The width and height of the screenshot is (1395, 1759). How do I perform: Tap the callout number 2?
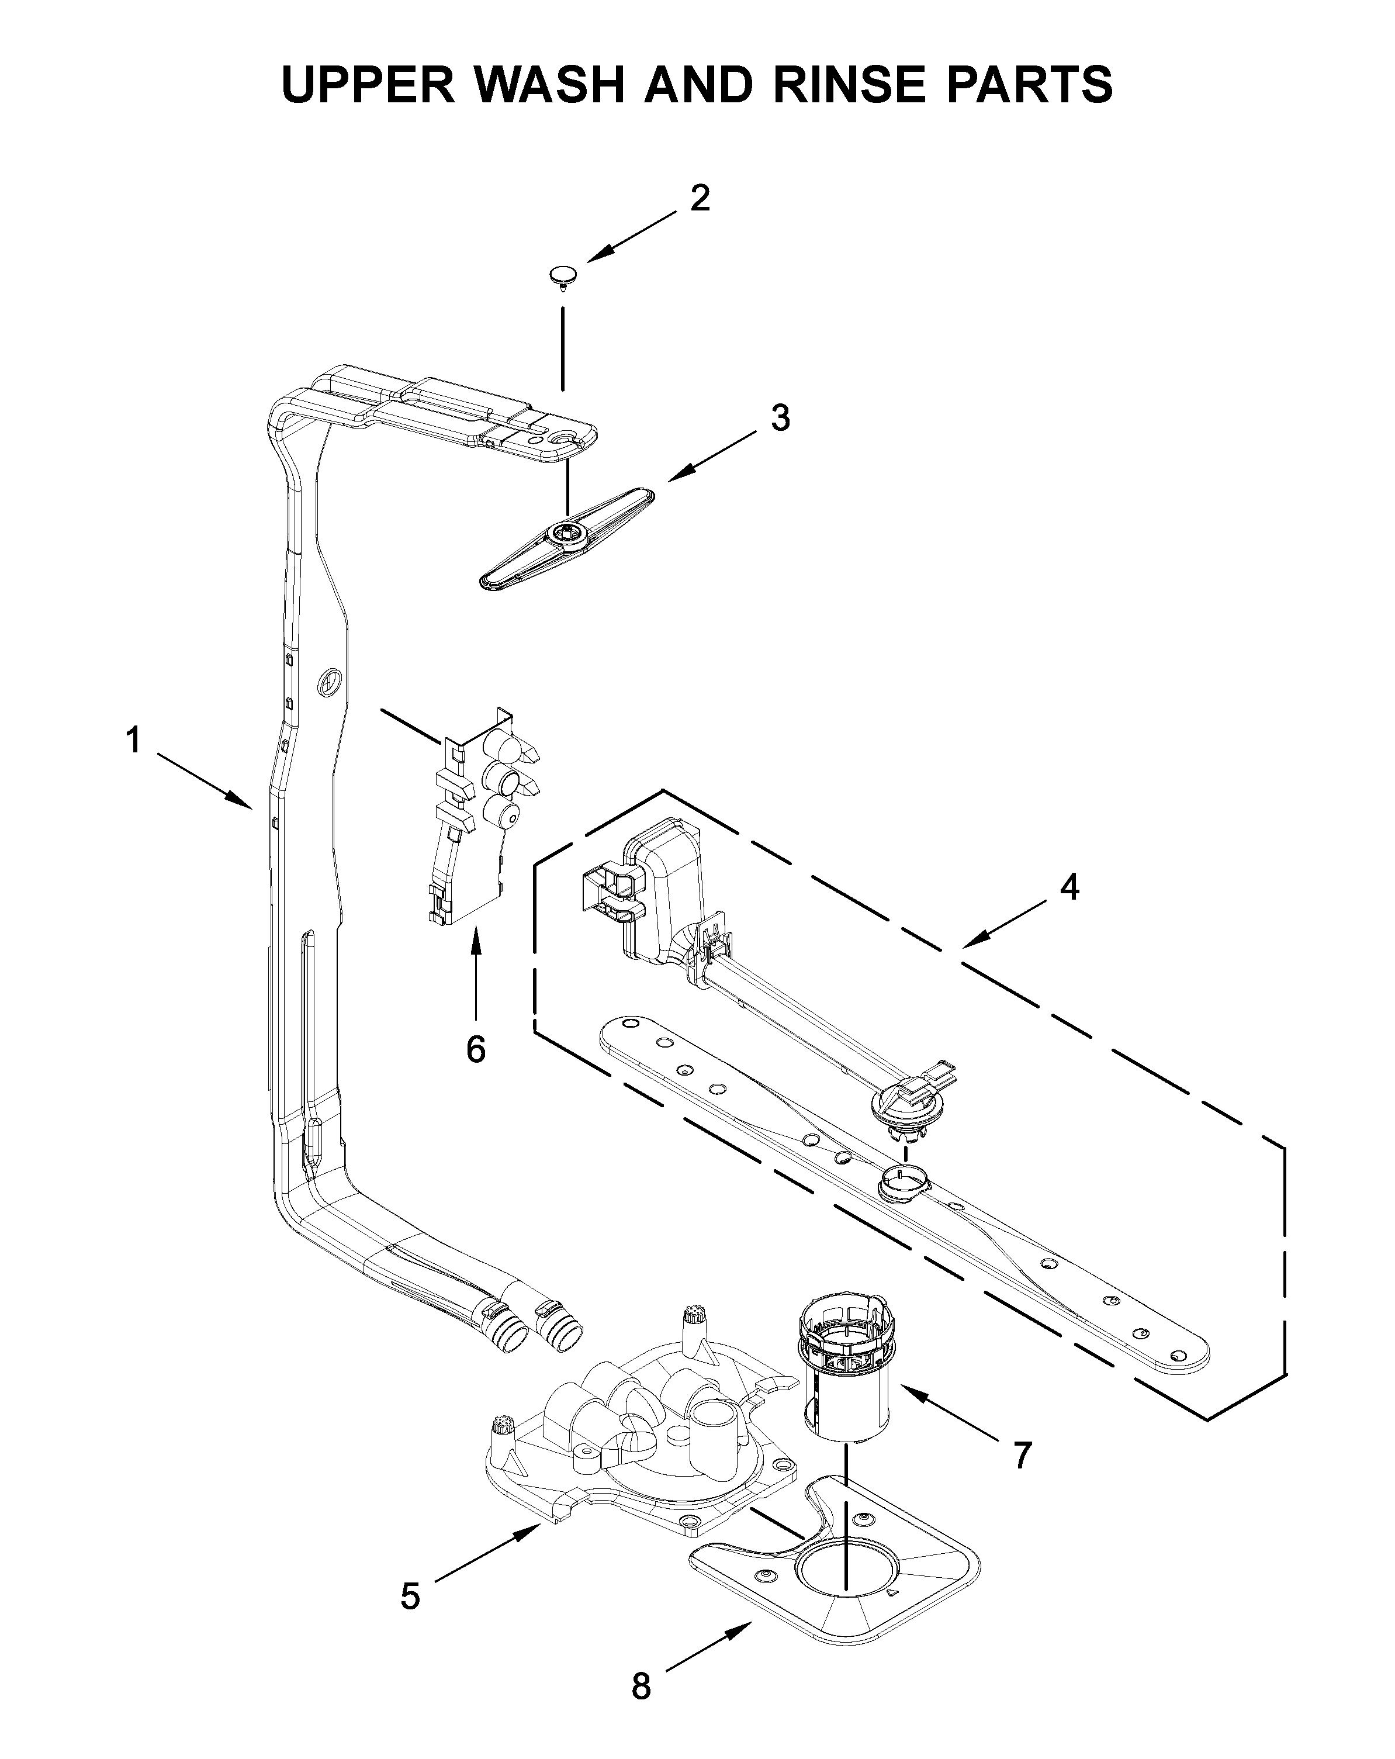coord(699,198)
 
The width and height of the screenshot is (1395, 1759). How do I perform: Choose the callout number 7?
coord(1022,1454)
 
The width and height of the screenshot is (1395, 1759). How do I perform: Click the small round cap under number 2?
coord(560,276)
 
